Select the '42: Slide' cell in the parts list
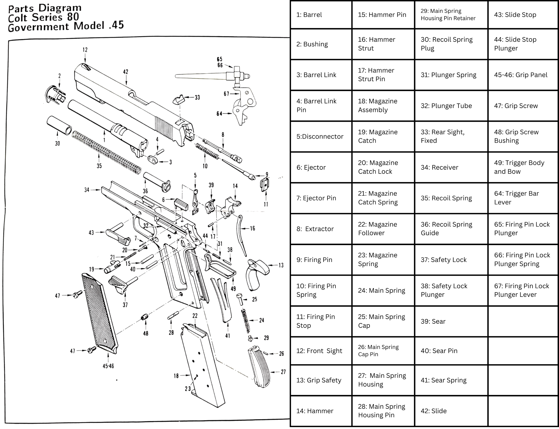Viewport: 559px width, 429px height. click(x=451, y=411)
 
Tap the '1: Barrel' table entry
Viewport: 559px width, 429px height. click(x=321, y=15)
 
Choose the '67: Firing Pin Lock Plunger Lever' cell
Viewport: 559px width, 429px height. click(x=523, y=290)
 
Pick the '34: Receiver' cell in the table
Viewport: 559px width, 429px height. click(x=451, y=167)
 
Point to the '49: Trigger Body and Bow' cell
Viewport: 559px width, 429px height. click(x=523, y=167)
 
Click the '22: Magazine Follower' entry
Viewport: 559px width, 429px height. click(x=383, y=229)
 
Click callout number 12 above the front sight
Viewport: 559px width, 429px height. click(x=85, y=50)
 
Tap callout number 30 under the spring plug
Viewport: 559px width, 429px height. click(x=57, y=143)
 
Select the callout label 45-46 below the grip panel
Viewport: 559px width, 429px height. click(x=108, y=366)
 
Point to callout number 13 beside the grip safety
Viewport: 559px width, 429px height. click(x=281, y=265)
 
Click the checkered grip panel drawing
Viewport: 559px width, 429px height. click(x=100, y=314)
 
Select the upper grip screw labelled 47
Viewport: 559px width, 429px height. click(x=77, y=294)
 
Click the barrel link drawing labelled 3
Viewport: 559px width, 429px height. click(x=153, y=160)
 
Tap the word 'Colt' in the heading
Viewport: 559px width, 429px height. click(x=17, y=18)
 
